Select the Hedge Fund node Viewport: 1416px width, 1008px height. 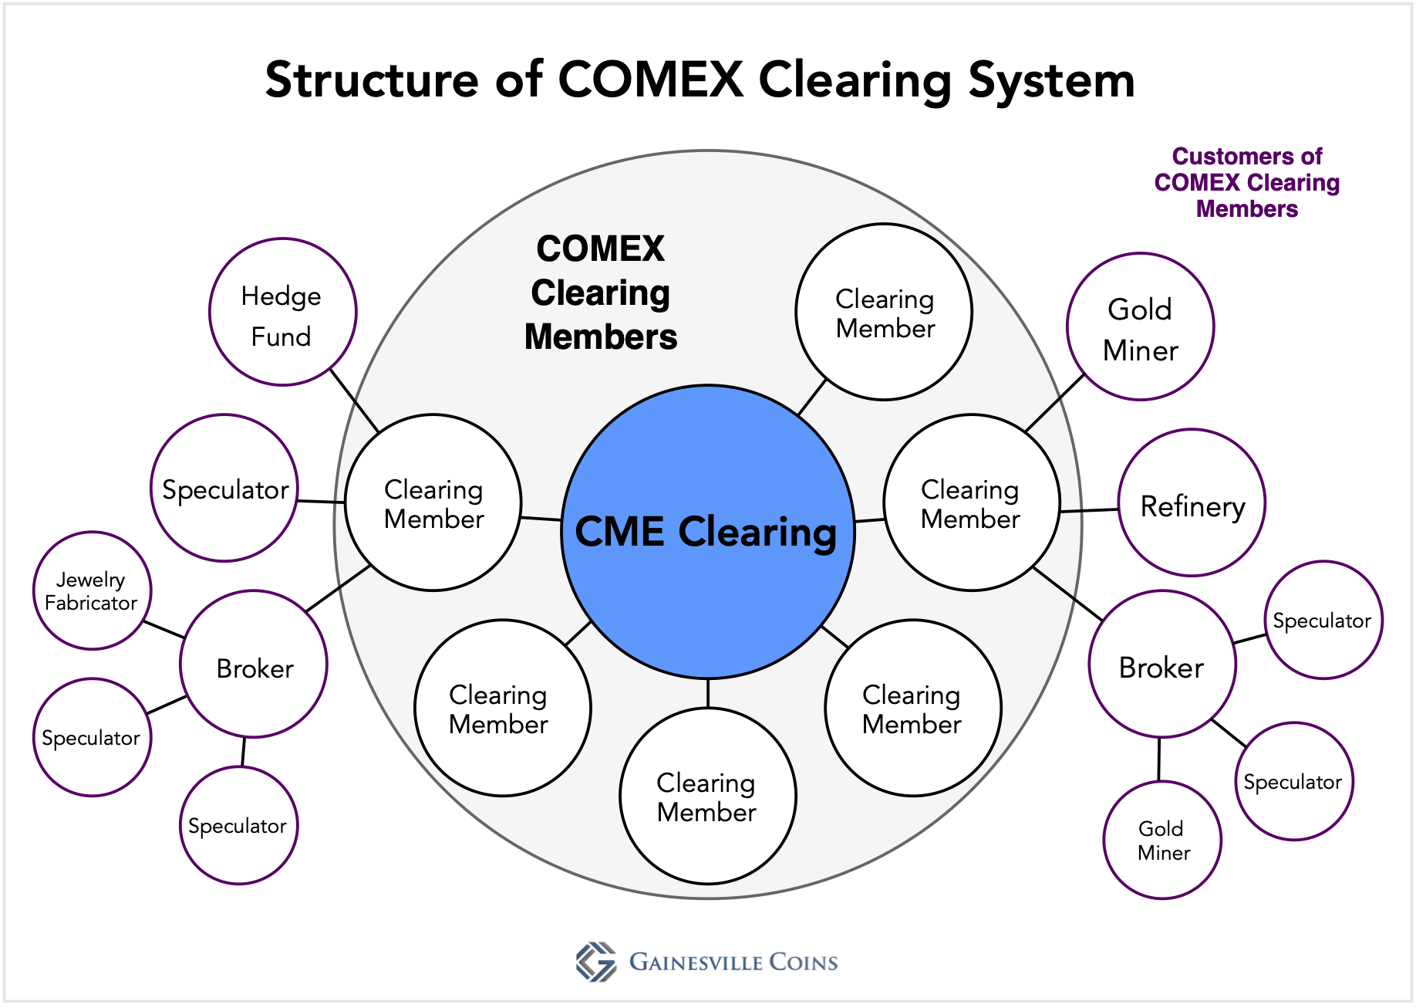pyautogui.click(x=282, y=312)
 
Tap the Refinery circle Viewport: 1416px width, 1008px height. pyautogui.click(x=1192, y=503)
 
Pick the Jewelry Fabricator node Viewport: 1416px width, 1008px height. pyautogui.click(x=92, y=590)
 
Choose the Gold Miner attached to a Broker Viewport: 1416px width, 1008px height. pyautogui.click(x=1162, y=840)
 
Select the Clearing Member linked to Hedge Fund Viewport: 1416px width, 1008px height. pyautogui.click(x=433, y=503)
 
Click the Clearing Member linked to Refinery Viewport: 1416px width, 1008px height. pyautogui.click(x=971, y=503)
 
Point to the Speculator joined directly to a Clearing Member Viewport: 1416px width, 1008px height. pyautogui.click(x=224, y=488)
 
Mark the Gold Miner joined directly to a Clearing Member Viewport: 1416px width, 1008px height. pyautogui.click(x=1140, y=327)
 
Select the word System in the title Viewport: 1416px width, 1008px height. pyautogui.click(x=1051, y=79)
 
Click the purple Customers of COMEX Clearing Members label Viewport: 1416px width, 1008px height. pyautogui.click(x=1246, y=183)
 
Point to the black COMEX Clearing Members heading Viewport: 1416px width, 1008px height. pyautogui.click(x=601, y=293)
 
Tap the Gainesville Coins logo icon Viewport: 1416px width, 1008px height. pyautogui.click(x=596, y=962)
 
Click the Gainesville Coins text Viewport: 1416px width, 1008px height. pyautogui.click(x=733, y=962)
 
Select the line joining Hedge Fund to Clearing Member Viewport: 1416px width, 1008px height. pyautogui.click(x=355, y=401)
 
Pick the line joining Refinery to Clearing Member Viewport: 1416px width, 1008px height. pyautogui.click(x=1089, y=510)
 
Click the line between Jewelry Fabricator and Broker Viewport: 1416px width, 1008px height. pyautogui.click(x=164, y=630)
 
